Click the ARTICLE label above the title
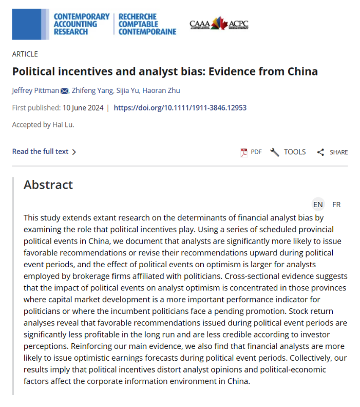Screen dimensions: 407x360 click(x=25, y=54)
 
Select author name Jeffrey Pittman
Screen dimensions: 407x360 click(x=35, y=91)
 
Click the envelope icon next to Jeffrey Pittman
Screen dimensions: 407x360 click(x=65, y=91)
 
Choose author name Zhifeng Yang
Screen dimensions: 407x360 click(x=93, y=91)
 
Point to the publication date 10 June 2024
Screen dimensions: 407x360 click(x=83, y=108)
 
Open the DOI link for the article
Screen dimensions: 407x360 click(x=180, y=108)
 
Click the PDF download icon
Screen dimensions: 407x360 click(x=244, y=152)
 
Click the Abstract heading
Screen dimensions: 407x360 click(x=48, y=185)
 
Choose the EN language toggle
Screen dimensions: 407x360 click(x=318, y=205)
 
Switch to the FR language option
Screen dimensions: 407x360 click(x=336, y=205)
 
